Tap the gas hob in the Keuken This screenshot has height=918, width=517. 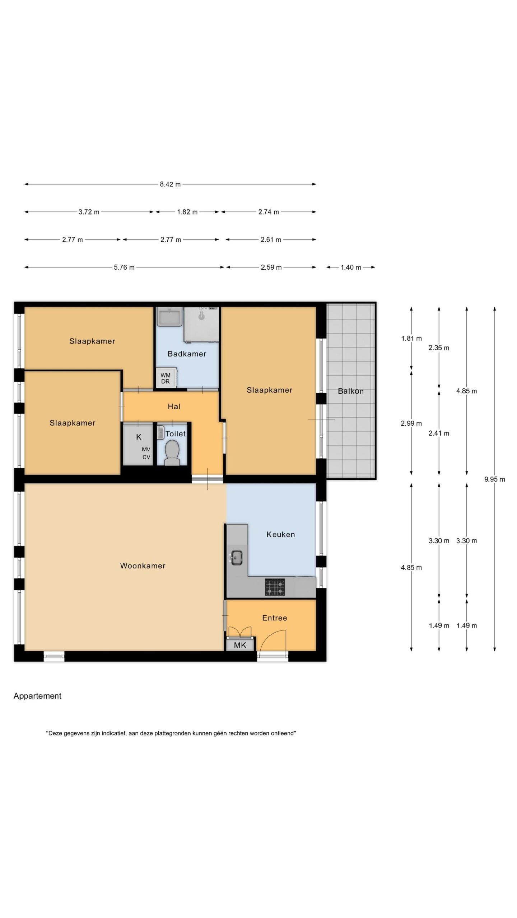click(275, 587)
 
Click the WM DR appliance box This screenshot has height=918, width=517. click(166, 378)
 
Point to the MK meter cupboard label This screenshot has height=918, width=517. click(240, 645)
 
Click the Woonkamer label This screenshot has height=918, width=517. click(143, 566)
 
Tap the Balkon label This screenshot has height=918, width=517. click(351, 391)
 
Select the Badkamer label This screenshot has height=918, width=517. click(187, 354)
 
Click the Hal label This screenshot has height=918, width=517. click(174, 406)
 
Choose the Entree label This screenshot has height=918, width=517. click(275, 618)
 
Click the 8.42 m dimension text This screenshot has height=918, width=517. click(171, 184)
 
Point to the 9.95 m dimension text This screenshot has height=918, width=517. click(495, 479)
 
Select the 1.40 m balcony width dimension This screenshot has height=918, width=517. click(351, 267)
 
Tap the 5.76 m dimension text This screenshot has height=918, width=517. click(124, 267)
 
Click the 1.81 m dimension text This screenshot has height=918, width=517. click(411, 338)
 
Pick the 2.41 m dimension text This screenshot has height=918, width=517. click(439, 433)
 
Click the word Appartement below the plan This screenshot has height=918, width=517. click(38, 696)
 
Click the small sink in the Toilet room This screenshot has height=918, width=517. click(160, 432)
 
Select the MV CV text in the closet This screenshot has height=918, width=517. click(146, 453)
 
